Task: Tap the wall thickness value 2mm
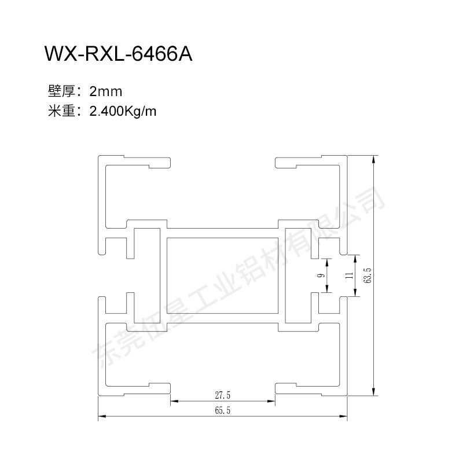pyautogui.click(x=106, y=91)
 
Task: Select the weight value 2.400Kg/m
pyautogui.click(x=123, y=111)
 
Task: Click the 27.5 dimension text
pyautogui.click(x=222, y=396)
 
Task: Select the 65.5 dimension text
pyautogui.click(x=222, y=411)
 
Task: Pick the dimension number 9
pyautogui.click(x=320, y=275)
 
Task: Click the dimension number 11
pyautogui.click(x=348, y=275)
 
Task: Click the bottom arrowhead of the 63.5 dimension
pyautogui.click(x=374, y=392)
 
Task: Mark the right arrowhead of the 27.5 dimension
pyautogui.click(x=271, y=401)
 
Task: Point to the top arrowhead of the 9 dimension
pyautogui.click(x=328, y=261)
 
